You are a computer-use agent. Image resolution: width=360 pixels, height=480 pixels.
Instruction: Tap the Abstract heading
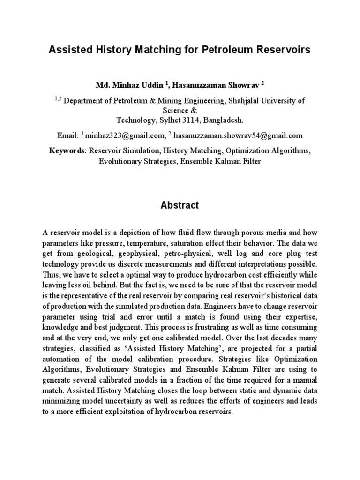pos(180,205)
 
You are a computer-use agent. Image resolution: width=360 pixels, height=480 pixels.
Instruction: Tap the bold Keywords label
pos(67,151)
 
